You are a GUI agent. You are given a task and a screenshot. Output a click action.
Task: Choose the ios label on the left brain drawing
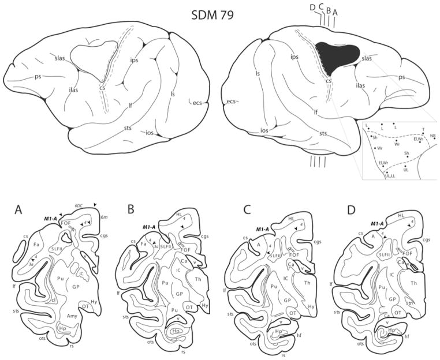tap(149, 133)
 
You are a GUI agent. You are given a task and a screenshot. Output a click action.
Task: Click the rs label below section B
tap(183, 351)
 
